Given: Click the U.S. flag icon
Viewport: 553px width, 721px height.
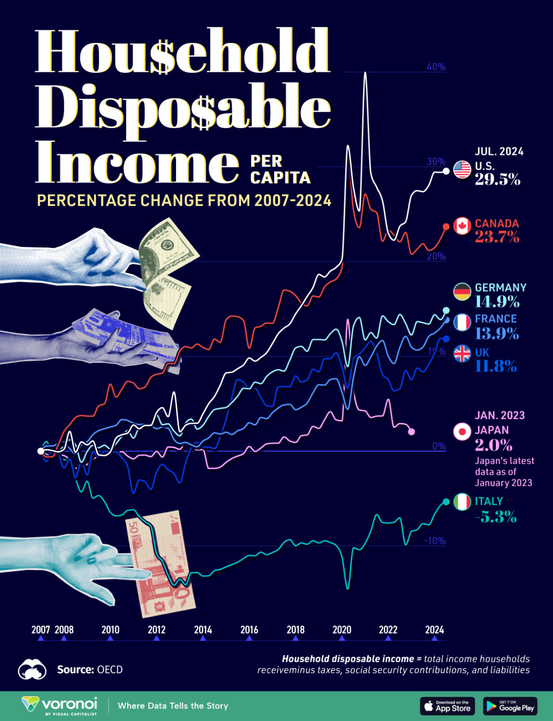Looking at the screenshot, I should coord(462,169).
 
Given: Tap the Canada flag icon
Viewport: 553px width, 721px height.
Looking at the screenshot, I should coord(462,226).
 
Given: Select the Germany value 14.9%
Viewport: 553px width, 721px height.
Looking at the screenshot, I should coord(497,301).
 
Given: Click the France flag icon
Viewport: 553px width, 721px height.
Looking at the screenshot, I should coord(462,322).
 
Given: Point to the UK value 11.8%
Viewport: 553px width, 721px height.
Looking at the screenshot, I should coord(496,366).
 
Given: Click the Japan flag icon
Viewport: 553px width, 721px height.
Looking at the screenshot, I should coord(462,431).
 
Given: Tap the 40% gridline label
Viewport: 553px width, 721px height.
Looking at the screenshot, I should coord(436,67).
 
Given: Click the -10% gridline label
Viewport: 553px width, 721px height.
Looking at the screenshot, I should coord(435,541).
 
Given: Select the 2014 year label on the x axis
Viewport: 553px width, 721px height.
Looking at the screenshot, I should coord(203,630).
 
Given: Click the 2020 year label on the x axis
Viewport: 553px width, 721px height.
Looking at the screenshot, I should coord(342,630).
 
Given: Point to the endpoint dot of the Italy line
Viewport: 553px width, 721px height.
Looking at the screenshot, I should coord(446,502).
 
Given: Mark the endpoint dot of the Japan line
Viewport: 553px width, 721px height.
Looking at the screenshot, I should coord(411,431).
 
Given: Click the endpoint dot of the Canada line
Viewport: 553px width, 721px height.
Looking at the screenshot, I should coord(446,227).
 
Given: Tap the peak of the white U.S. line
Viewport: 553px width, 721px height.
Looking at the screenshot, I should coord(365,73).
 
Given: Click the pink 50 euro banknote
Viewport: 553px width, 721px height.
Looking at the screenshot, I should coord(161,563).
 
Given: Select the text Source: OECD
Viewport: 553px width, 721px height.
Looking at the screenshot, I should coord(90,669).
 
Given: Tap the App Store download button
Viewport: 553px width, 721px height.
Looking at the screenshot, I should coord(447,706).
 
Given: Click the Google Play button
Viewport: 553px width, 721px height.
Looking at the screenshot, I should coord(510,706).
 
